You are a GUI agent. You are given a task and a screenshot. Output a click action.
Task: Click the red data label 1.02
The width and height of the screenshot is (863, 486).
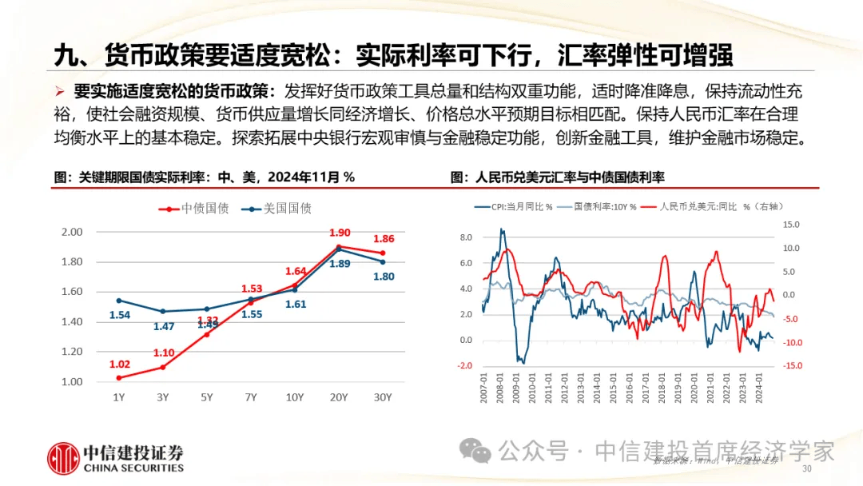point(119,364)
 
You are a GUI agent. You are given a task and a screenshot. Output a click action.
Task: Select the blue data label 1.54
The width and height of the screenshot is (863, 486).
point(119,316)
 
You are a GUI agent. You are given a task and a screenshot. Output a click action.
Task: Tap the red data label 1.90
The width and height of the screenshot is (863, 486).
point(340,233)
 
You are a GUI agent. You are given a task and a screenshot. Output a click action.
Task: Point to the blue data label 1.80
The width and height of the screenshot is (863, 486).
point(384,277)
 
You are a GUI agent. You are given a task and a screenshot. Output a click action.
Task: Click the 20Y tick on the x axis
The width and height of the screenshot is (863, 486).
point(340,397)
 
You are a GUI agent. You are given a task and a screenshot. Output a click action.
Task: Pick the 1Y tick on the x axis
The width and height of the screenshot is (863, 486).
point(119,397)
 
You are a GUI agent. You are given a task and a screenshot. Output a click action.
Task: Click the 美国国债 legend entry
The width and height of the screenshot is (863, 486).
point(276,209)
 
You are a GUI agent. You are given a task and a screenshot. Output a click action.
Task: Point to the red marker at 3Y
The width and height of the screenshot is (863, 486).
point(163,367)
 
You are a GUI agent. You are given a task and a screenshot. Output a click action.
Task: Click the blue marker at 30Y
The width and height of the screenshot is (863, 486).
point(384,261)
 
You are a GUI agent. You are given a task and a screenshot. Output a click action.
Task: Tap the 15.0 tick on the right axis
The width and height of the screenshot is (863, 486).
point(791,225)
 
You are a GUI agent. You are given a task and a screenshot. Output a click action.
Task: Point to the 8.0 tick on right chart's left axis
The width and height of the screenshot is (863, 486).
point(466,237)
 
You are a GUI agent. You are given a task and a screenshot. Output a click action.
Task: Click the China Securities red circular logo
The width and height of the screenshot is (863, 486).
point(62,456)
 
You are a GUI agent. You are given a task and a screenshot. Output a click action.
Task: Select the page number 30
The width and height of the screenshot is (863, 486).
point(806,468)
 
